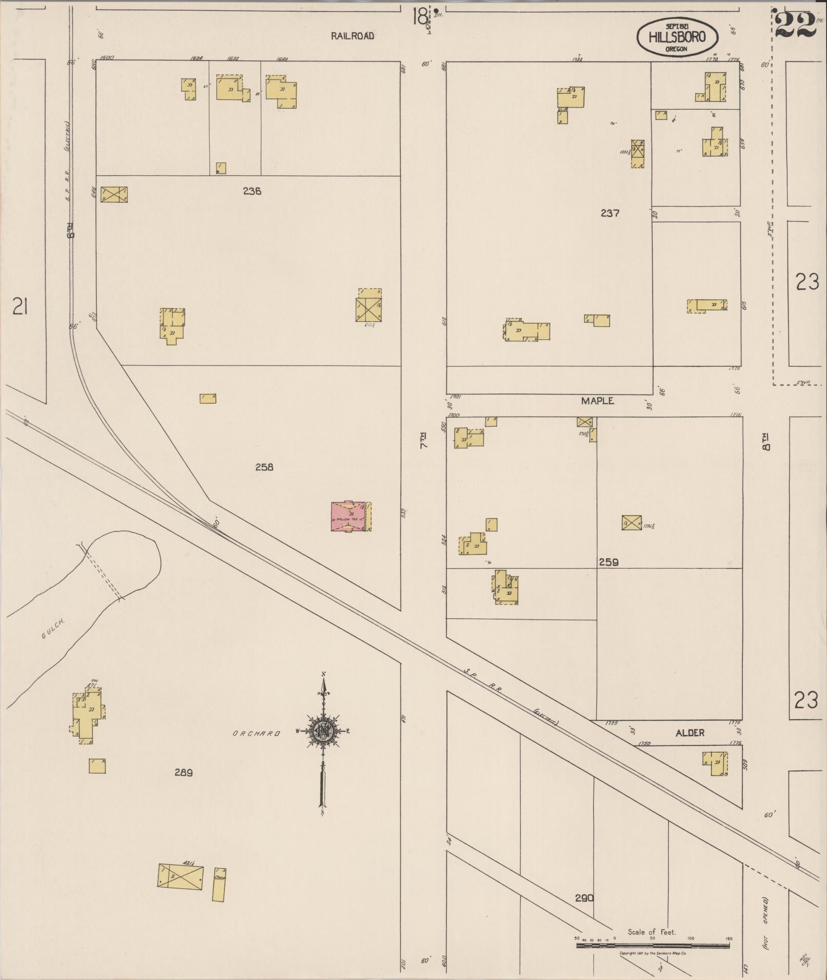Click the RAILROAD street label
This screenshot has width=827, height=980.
click(x=352, y=36)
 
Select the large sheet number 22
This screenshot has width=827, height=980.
click(x=795, y=24)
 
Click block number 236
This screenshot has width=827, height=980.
click(x=252, y=192)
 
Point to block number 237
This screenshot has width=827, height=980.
click(x=610, y=213)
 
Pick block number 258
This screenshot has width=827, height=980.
click(x=264, y=467)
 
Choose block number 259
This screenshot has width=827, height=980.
click(x=609, y=562)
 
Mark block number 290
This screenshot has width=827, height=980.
click(x=584, y=898)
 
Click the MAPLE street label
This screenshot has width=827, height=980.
click(x=597, y=401)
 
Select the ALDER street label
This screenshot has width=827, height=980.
click(x=690, y=733)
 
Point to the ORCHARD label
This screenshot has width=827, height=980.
click(x=256, y=734)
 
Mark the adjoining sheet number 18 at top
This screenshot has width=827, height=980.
click(x=420, y=18)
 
